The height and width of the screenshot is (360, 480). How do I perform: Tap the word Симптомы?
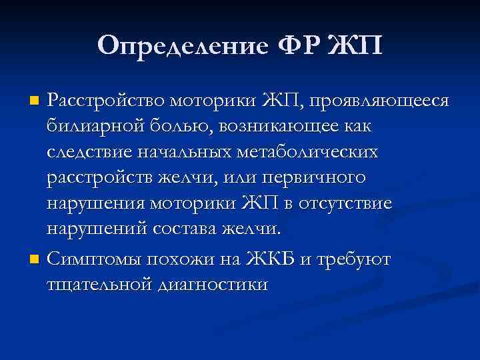(97, 258)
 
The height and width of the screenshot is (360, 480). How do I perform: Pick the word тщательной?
(97, 284)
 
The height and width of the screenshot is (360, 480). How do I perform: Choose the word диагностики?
(213, 284)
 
